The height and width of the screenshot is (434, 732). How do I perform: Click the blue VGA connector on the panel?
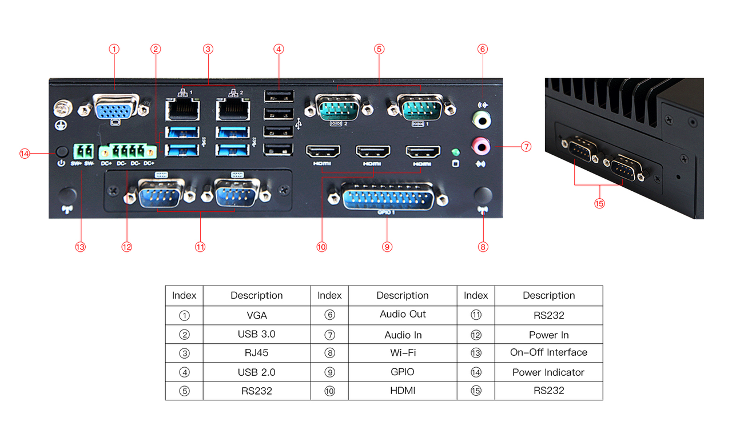pyautogui.click(x=116, y=107)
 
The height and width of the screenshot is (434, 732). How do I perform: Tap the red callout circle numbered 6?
pyautogui.click(x=483, y=49)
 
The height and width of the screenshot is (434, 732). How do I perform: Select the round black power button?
pyautogui.click(x=62, y=151)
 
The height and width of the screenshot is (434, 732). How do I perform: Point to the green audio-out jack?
pyautogui.click(x=481, y=119)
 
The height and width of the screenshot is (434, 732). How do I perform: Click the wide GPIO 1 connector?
pyautogui.click(x=387, y=197)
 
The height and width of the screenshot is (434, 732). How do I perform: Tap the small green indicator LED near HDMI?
pyautogui.click(x=456, y=152)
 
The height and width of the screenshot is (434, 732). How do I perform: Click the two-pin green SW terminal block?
pyautogui.click(x=83, y=152)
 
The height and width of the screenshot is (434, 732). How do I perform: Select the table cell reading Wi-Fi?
pyautogui.click(x=403, y=353)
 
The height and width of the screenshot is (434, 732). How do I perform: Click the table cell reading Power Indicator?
pyautogui.click(x=548, y=372)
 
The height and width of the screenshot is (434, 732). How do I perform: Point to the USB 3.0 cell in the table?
pyautogui.click(x=256, y=334)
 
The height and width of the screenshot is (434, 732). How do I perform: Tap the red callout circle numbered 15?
pyautogui.click(x=599, y=204)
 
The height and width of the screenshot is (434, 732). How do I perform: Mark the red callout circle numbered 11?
pyautogui.click(x=200, y=247)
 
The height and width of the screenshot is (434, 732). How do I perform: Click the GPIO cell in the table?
pyautogui.click(x=403, y=372)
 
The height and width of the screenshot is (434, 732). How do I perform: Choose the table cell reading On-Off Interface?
pyautogui.click(x=548, y=352)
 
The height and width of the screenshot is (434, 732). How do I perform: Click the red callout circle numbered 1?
pyautogui.click(x=114, y=49)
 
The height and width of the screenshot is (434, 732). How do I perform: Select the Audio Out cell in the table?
pyautogui.click(x=403, y=314)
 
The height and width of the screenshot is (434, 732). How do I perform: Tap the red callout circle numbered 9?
pyautogui.click(x=387, y=247)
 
